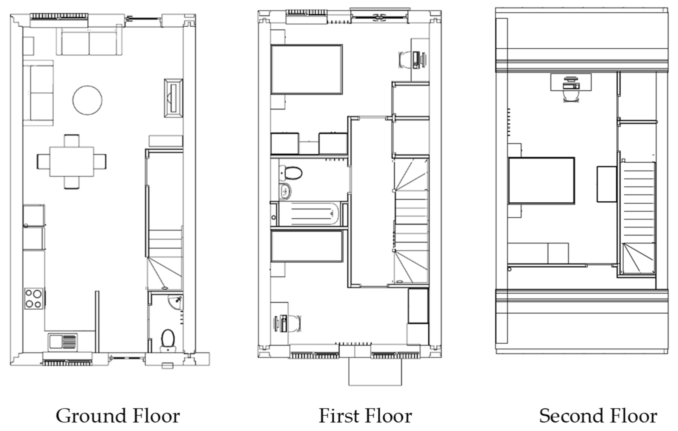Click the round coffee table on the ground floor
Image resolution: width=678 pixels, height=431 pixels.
(87, 100)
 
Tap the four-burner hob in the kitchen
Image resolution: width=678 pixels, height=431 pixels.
(34, 299)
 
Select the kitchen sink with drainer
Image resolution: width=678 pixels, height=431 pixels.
(63, 342)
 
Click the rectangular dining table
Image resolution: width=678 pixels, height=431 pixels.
(72, 162)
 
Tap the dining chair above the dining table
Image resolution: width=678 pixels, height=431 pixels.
(71, 141)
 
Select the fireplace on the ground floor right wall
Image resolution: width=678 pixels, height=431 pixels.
(173, 98)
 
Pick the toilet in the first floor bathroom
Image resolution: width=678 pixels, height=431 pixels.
(291, 173)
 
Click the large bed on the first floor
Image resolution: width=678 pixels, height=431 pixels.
(306, 69)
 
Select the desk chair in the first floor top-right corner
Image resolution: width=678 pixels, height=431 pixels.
(404, 60)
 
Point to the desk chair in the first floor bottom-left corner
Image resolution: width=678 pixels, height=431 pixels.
(295, 324)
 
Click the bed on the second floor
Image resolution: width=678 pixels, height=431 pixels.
(541, 181)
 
